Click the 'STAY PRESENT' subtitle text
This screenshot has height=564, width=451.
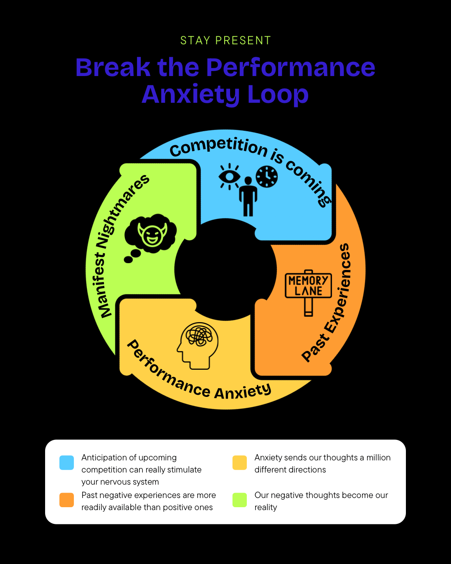point(225,41)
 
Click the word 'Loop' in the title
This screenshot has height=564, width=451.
point(278,94)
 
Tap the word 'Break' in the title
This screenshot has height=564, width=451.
point(113,67)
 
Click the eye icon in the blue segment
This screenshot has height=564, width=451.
point(229,176)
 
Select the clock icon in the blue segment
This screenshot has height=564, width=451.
point(266,176)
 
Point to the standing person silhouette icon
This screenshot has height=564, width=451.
point(248,196)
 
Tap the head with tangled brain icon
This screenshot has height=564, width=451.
point(198,346)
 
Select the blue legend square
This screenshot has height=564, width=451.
point(67,462)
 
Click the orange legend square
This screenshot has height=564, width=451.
point(67,500)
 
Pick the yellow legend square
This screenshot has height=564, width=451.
point(240,462)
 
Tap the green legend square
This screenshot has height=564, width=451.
point(240,500)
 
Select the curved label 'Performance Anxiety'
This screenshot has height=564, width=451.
point(196,376)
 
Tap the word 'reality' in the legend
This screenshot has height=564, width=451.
point(266,507)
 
